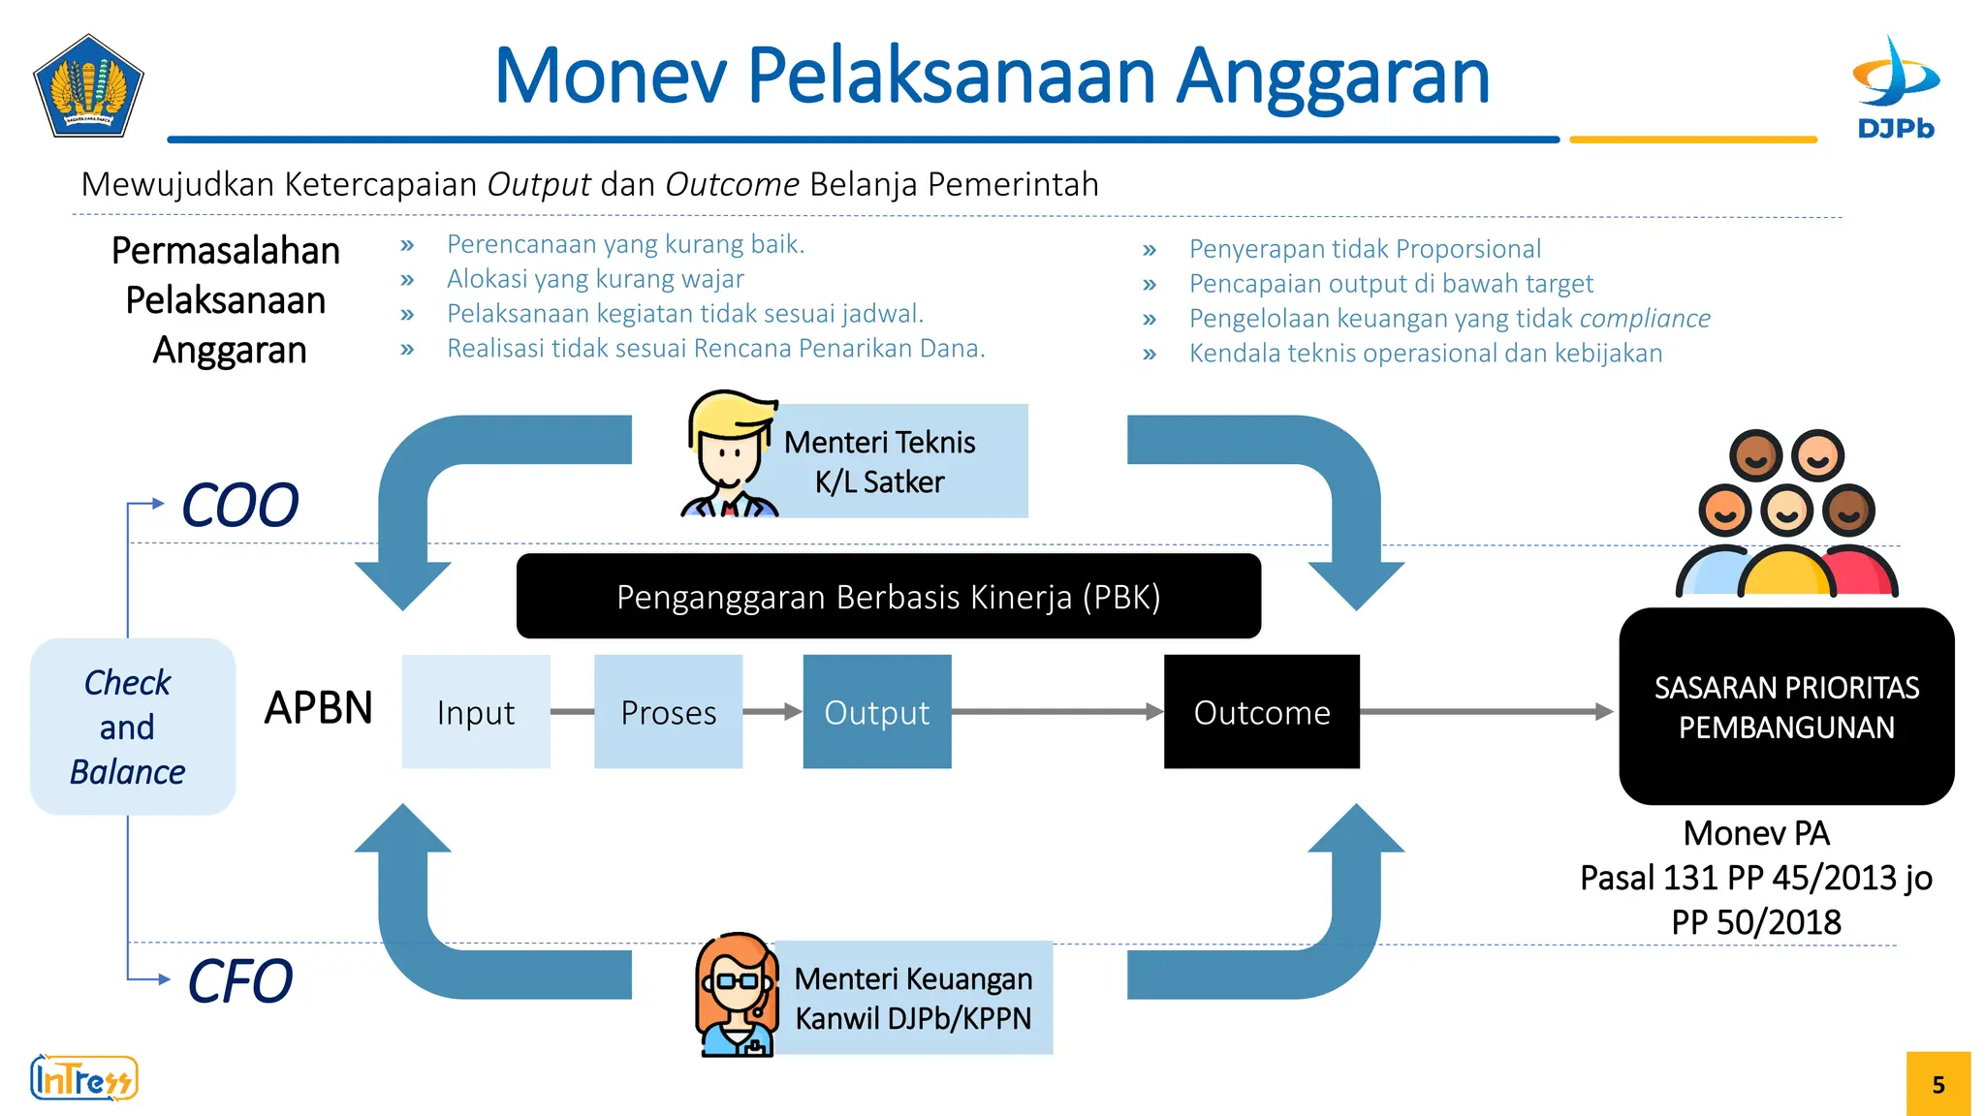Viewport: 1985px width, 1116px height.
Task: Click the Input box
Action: coord(476,712)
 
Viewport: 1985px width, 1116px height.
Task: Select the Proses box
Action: coord(668,712)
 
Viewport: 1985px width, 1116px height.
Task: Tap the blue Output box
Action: coord(876,712)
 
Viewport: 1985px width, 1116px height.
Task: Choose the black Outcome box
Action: coord(1261,712)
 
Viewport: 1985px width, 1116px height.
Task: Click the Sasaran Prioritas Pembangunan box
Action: coord(1785,706)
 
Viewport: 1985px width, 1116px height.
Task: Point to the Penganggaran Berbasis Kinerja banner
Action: coord(888,597)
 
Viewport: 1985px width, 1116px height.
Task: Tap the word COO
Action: coord(239,506)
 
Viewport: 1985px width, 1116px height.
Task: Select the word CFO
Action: coord(239,981)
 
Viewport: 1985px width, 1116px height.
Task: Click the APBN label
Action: coord(318,708)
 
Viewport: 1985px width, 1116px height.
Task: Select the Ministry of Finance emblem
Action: coord(88,86)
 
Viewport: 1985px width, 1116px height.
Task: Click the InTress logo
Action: coord(83,1078)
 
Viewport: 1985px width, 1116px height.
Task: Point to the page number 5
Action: coord(1938,1084)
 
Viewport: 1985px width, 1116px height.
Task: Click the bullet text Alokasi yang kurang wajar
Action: coord(595,279)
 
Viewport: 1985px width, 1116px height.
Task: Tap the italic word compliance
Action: coord(1645,319)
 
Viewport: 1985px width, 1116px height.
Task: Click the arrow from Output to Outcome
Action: coord(1056,712)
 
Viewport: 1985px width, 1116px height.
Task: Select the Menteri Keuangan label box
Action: coord(913,998)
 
